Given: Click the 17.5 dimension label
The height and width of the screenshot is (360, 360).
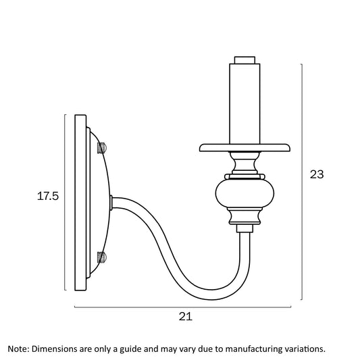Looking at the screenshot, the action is [x=48, y=197].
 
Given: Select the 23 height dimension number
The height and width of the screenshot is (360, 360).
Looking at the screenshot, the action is [x=317, y=174].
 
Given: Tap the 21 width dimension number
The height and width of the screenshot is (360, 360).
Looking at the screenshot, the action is [x=186, y=317].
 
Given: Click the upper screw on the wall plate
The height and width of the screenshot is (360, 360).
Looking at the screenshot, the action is [x=101, y=148].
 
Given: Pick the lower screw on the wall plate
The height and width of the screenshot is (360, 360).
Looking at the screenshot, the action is [x=101, y=257].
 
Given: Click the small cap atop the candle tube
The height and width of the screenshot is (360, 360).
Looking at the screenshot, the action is [x=245, y=60].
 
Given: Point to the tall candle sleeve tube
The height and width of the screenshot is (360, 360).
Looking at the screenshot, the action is [x=245, y=104].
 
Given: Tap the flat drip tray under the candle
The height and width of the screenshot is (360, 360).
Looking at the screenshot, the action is [x=245, y=148].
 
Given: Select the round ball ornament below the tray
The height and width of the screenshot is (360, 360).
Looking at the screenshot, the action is [x=245, y=193].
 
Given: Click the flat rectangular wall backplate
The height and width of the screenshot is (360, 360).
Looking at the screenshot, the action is [x=80, y=203].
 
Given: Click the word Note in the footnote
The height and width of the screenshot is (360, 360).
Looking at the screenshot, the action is [x=18, y=349].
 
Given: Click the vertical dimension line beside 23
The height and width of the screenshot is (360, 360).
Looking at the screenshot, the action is [x=302, y=182].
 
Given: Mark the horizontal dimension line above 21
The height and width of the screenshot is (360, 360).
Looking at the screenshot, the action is [x=183, y=307].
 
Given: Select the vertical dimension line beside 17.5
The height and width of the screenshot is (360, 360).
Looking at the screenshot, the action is [x=66, y=202].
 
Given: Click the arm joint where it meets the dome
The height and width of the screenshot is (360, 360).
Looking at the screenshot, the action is [x=111, y=203].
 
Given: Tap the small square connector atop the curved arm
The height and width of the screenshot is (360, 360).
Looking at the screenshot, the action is [x=245, y=228].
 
